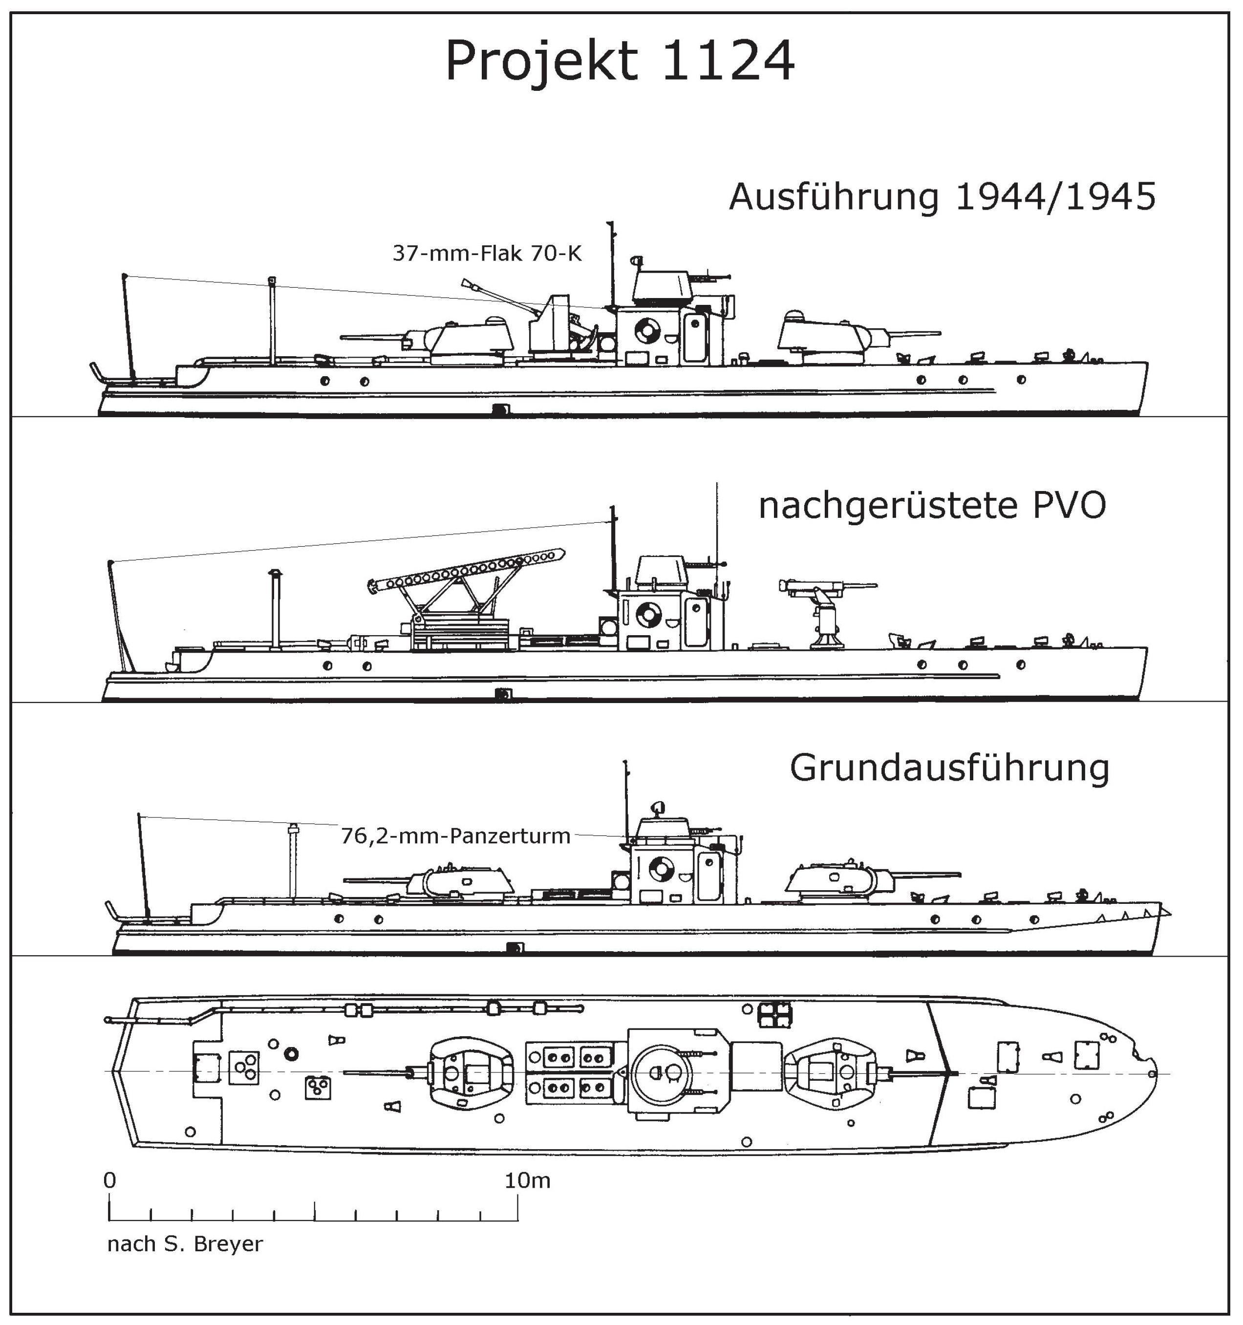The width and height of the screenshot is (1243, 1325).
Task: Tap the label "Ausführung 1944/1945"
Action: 943,197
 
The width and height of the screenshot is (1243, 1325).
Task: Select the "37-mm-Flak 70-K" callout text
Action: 487,253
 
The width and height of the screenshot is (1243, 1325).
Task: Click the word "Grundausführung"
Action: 950,768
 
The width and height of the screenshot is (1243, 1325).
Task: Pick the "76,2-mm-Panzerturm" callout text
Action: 456,836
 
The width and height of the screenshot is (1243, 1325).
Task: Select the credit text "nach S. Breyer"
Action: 185,1244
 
